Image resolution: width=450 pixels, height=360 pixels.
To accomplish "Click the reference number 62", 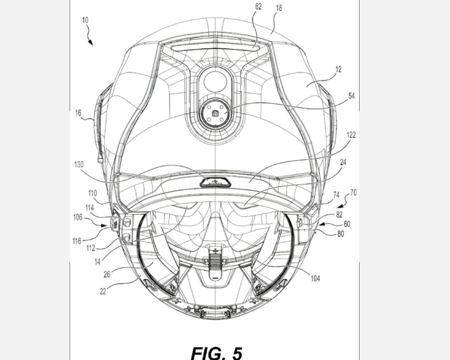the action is click(x=258, y=6).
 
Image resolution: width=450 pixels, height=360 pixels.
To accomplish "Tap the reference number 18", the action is click(x=279, y=8).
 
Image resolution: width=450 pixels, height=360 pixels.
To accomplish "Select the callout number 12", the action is click(x=338, y=70).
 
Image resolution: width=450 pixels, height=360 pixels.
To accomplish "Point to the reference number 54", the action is click(x=352, y=96).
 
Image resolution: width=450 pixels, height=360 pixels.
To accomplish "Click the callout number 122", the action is click(x=351, y=135).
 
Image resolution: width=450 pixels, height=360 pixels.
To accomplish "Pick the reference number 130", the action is click(x=79, y=164).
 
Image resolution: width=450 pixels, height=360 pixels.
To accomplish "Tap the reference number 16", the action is click(x=78, y=113).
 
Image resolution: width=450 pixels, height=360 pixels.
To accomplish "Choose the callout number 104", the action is click(x=315, y=278).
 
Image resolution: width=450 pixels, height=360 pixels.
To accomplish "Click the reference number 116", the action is click(x=77, y=241).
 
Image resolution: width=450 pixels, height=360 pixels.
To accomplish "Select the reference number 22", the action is click(x=103, y=292).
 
